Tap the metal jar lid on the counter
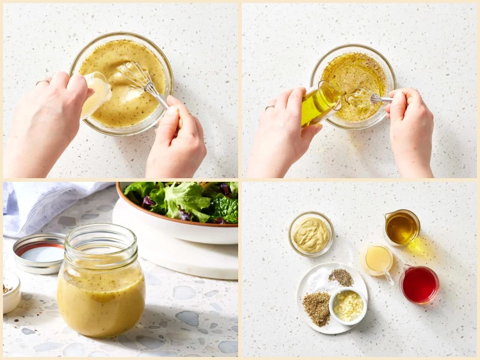40,252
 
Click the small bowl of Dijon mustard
311,233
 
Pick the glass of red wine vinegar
419,283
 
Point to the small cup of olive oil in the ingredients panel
402,227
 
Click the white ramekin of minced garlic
348,305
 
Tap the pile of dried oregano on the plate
317,307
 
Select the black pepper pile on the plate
341,277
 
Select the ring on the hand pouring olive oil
270,108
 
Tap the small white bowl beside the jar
11,292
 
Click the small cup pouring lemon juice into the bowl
97,94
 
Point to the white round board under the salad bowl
180,252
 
